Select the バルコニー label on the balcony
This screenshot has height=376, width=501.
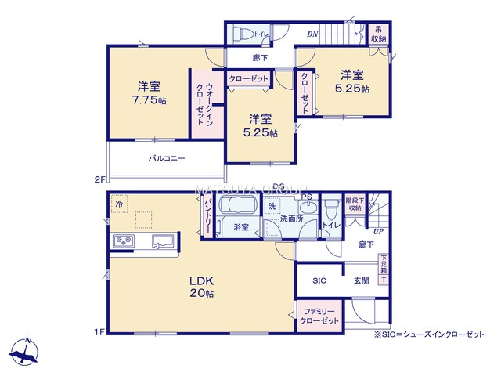(x=167, y=158)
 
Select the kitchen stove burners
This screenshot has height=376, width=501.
(x=124, y=240)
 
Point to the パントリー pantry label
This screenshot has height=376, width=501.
(x=208, y=214)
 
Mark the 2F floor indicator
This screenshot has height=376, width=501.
(x=99, y=179)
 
